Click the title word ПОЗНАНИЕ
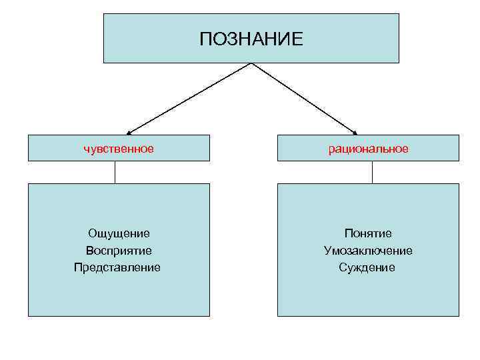click(x=251, y=39)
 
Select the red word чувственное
click(x=119, y=148)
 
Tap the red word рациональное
click(x=368, y=148)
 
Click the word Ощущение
click(x=119, y=233)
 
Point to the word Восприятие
click(x=119, y=251)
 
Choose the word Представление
click(x=117, y=267)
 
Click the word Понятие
click(x=368, y=233)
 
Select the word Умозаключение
click(x=368, y=251)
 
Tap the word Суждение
click(x=367, y=267)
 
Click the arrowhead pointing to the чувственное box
click(x=129, y=132)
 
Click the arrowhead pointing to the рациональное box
click(x=355, y=132)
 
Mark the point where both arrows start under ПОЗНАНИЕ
click(x=251, y=63)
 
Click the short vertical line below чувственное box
click(x=115, y=172)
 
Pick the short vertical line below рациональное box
click(x=372, y=172)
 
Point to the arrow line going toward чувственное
click(x=190, y=98)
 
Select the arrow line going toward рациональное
click(x=303, y=98)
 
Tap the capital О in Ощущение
click(x=92, y=233)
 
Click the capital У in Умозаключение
click(x=327, y=251)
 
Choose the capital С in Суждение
click(x=342, y=267)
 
